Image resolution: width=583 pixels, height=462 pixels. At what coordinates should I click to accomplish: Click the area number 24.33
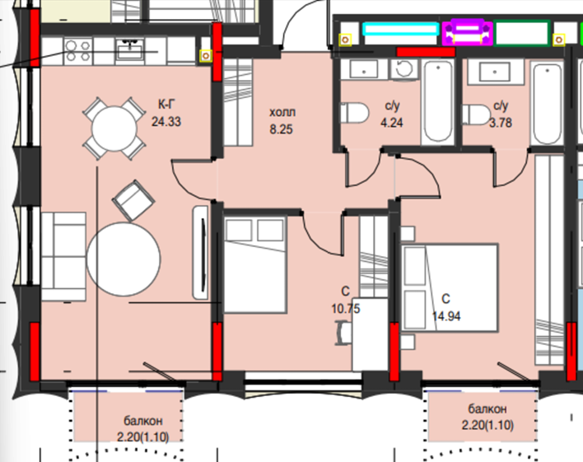click(x=166, y=122)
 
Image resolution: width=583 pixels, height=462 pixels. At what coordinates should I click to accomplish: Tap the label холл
click(x=282, y=112)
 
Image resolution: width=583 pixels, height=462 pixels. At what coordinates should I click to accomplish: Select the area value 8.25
click(x=281, y=129)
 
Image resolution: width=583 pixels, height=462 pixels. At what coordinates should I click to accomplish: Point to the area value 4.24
click(x=391, y=123)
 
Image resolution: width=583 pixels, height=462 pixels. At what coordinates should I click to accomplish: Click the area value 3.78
click(x=501, y=123)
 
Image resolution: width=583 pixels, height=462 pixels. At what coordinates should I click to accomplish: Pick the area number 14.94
click(x=446, y=316)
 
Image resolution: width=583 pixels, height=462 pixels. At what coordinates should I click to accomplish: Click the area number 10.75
click(x=346, y=308)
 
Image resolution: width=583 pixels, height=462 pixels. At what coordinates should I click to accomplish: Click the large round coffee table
click(x=124, y=259)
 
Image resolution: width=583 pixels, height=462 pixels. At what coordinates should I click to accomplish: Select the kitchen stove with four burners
click(x=77, y=51)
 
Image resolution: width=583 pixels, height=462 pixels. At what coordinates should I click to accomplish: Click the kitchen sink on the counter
click(x=130, y=50)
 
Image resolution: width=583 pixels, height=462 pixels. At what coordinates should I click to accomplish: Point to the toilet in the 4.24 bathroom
click(x=354, y=113)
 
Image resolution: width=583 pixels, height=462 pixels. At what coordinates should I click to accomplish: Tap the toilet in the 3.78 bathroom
click(x=476, y=114)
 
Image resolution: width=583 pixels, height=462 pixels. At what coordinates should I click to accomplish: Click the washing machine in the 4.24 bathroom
click(x=404, y=69)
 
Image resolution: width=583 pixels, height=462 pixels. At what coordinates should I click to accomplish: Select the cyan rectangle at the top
click(x=401, y=30)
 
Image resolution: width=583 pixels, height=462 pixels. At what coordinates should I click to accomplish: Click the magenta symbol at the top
click(x=468, y=32)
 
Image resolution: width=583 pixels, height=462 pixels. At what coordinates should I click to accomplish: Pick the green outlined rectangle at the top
click(x=522, y=33)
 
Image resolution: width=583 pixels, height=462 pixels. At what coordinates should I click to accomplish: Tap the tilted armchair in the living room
click(x=133, y=200)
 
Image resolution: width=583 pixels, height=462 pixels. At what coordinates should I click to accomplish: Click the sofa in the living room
click(x=63, y=257)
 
